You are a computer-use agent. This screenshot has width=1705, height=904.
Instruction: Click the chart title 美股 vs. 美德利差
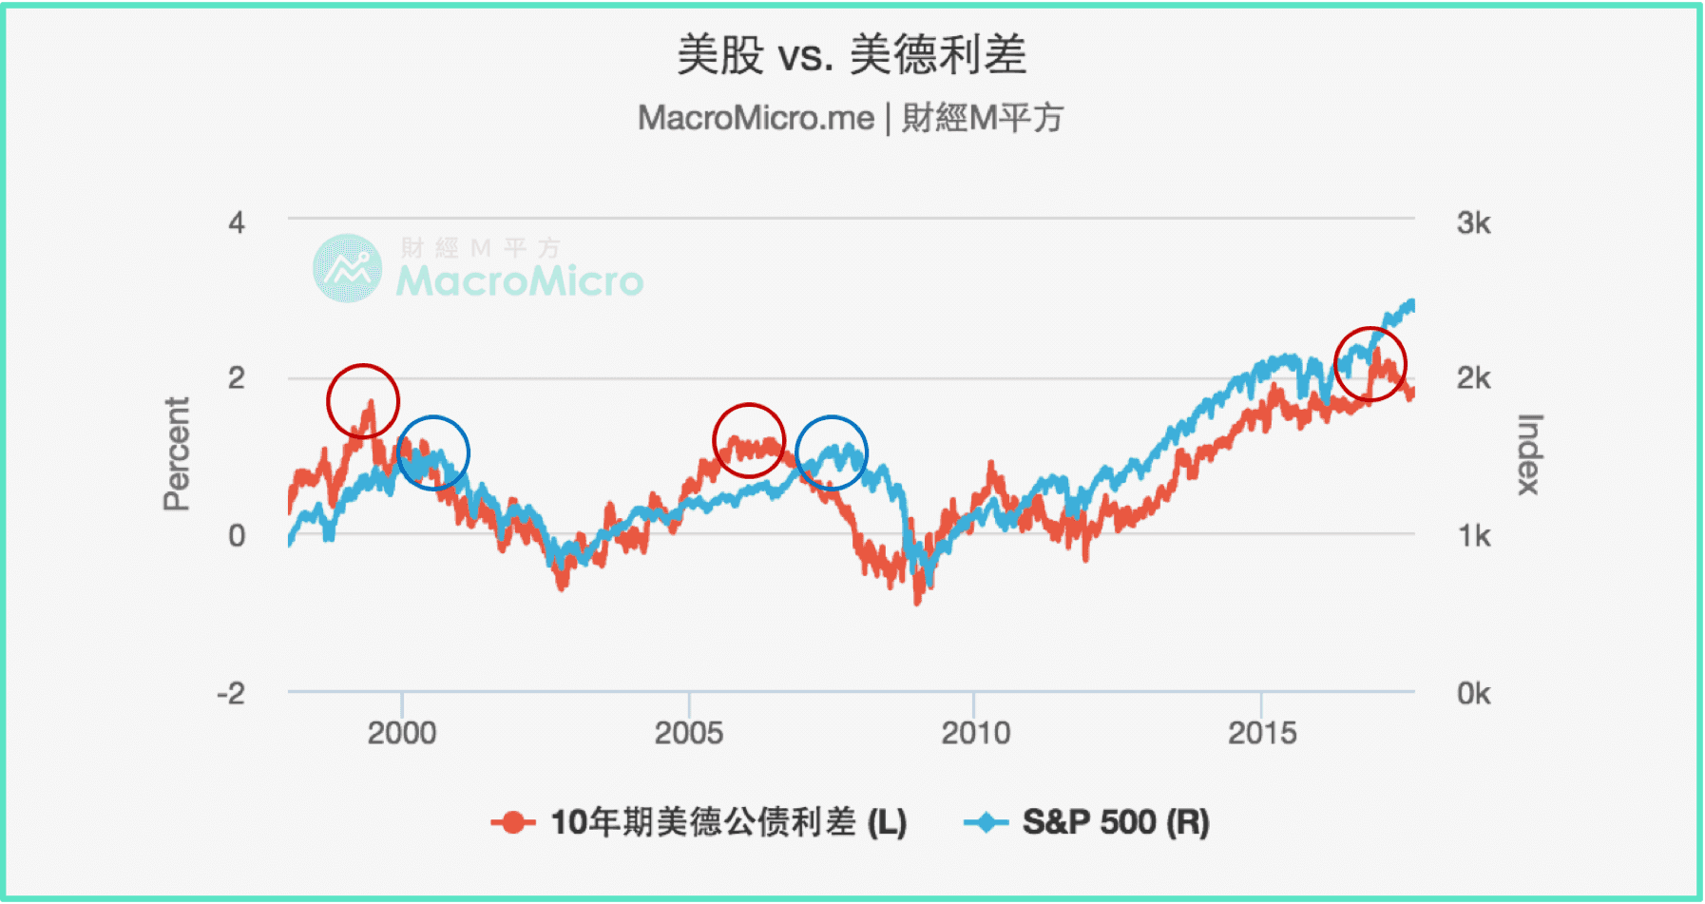tap(851, 54)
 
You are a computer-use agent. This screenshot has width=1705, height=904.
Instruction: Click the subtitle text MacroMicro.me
tap(756, 118)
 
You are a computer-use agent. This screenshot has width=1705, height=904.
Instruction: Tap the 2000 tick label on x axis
tap(402, 733)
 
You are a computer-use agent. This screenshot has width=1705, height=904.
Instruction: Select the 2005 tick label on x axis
tap(689, 733)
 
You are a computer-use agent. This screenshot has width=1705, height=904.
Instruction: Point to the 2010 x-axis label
tap(975, 733)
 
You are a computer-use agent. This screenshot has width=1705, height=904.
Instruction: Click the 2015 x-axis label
tap(1262, 733)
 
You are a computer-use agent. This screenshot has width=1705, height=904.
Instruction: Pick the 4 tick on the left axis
tap(237, 223)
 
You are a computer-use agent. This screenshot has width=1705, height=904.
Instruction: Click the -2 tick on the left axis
tap(231, 693)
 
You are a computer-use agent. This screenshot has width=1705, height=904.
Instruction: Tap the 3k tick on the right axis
tap(1473, 223)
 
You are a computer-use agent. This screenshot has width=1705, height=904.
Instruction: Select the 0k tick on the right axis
tap(1473, 693)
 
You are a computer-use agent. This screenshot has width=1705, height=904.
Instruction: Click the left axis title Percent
tap(177, 454)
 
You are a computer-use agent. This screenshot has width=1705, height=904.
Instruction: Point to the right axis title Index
tap(1528, 454)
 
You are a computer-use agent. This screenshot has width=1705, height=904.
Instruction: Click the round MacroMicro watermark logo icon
tap(348, 268)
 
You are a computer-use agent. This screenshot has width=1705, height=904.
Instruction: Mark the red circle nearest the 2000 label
tap(363, 401)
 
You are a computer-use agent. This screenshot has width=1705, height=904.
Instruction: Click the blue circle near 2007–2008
tap(832, 452)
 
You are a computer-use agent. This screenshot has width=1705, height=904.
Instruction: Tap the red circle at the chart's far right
tap(1370, 364)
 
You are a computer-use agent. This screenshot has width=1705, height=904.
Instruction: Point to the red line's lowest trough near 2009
tap(917, 601)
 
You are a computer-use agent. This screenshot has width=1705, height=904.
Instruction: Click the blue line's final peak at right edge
tap(1410, 303)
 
